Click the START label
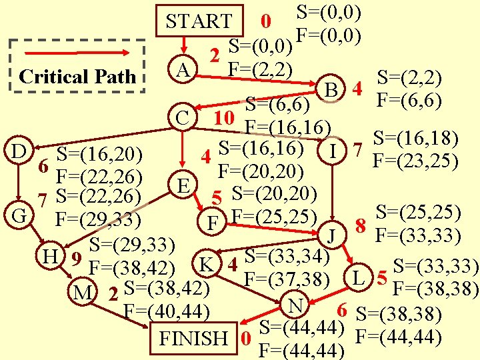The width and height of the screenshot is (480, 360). (x=199, y=21)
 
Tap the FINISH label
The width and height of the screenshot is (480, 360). (x=193, y=338)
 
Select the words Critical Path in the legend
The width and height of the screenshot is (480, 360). (x=77, y=77)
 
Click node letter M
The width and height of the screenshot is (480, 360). (x=83, y=292)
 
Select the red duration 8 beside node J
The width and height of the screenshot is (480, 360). (x=361, y=226)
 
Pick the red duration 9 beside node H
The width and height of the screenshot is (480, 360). (x=76, y=259)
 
